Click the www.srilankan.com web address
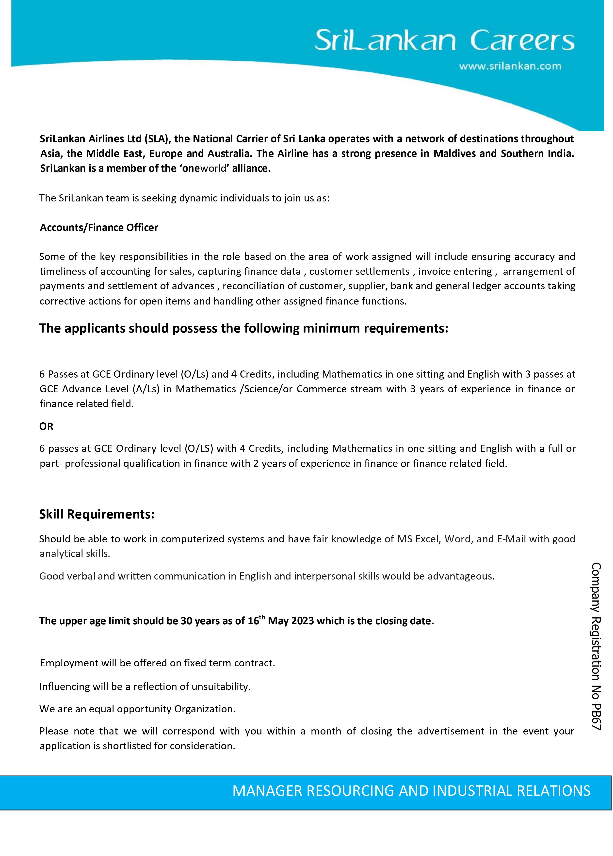coord(510,66)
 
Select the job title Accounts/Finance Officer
coord(99,228)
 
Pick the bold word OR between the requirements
coord(46,427)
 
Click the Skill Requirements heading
coord(97,514)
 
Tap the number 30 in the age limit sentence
coord(186,621)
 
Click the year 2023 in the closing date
coord(302,621)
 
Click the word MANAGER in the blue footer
coord(267,791)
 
